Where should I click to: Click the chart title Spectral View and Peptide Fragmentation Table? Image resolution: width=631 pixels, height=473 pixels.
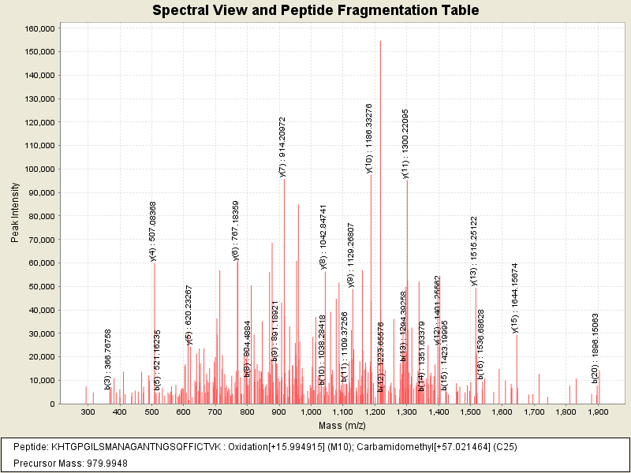click(x=315, y=11)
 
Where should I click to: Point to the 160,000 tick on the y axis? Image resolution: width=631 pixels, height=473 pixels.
click(x=39, y=28)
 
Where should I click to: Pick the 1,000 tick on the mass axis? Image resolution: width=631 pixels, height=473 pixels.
click(x=311, y=412)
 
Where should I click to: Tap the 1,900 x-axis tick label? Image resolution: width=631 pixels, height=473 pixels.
click(x=597, y=412)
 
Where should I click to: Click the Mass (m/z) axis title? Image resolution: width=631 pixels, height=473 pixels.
click(x=342, y=426)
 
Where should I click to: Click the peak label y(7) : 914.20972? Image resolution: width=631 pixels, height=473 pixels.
click(x=282, y=147)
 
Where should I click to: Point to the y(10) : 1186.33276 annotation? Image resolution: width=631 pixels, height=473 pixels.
click(x=368, y=137)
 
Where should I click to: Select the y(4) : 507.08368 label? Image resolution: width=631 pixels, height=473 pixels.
click(x=153, y=230)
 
